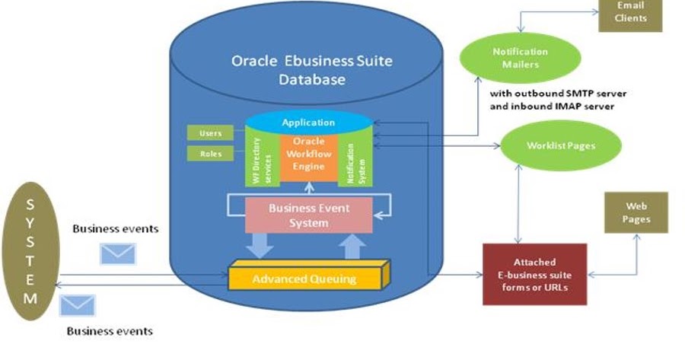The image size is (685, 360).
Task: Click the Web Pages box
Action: (x=636, y=212)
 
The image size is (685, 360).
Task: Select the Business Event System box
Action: (x=308, y=215)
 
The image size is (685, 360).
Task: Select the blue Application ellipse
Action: (x=308, y=122)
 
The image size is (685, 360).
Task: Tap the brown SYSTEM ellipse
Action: (x=30, y=250)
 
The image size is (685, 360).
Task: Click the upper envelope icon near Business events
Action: (x=117, y=253)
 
